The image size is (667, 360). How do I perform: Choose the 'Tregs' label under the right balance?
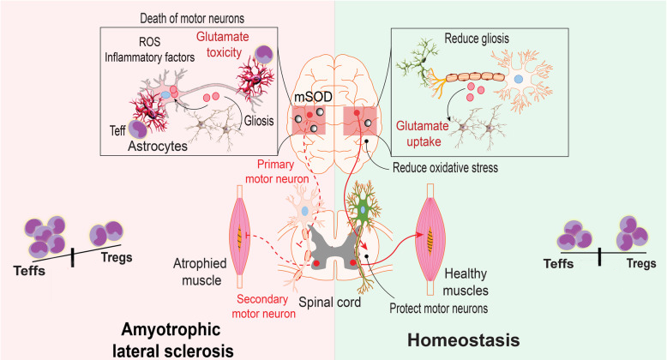point(639,265)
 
